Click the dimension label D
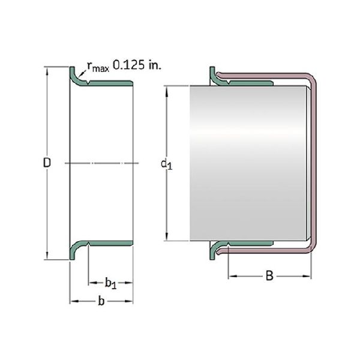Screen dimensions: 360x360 47,163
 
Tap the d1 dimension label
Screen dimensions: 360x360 166,164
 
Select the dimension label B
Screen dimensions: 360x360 269,276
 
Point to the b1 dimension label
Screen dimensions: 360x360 110,283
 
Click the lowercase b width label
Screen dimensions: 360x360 101,301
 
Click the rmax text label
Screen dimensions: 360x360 98,67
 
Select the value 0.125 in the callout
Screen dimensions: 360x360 129,65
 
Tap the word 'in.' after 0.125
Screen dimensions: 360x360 155,65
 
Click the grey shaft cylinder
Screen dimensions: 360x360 248,163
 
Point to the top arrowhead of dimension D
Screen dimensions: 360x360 47,70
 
